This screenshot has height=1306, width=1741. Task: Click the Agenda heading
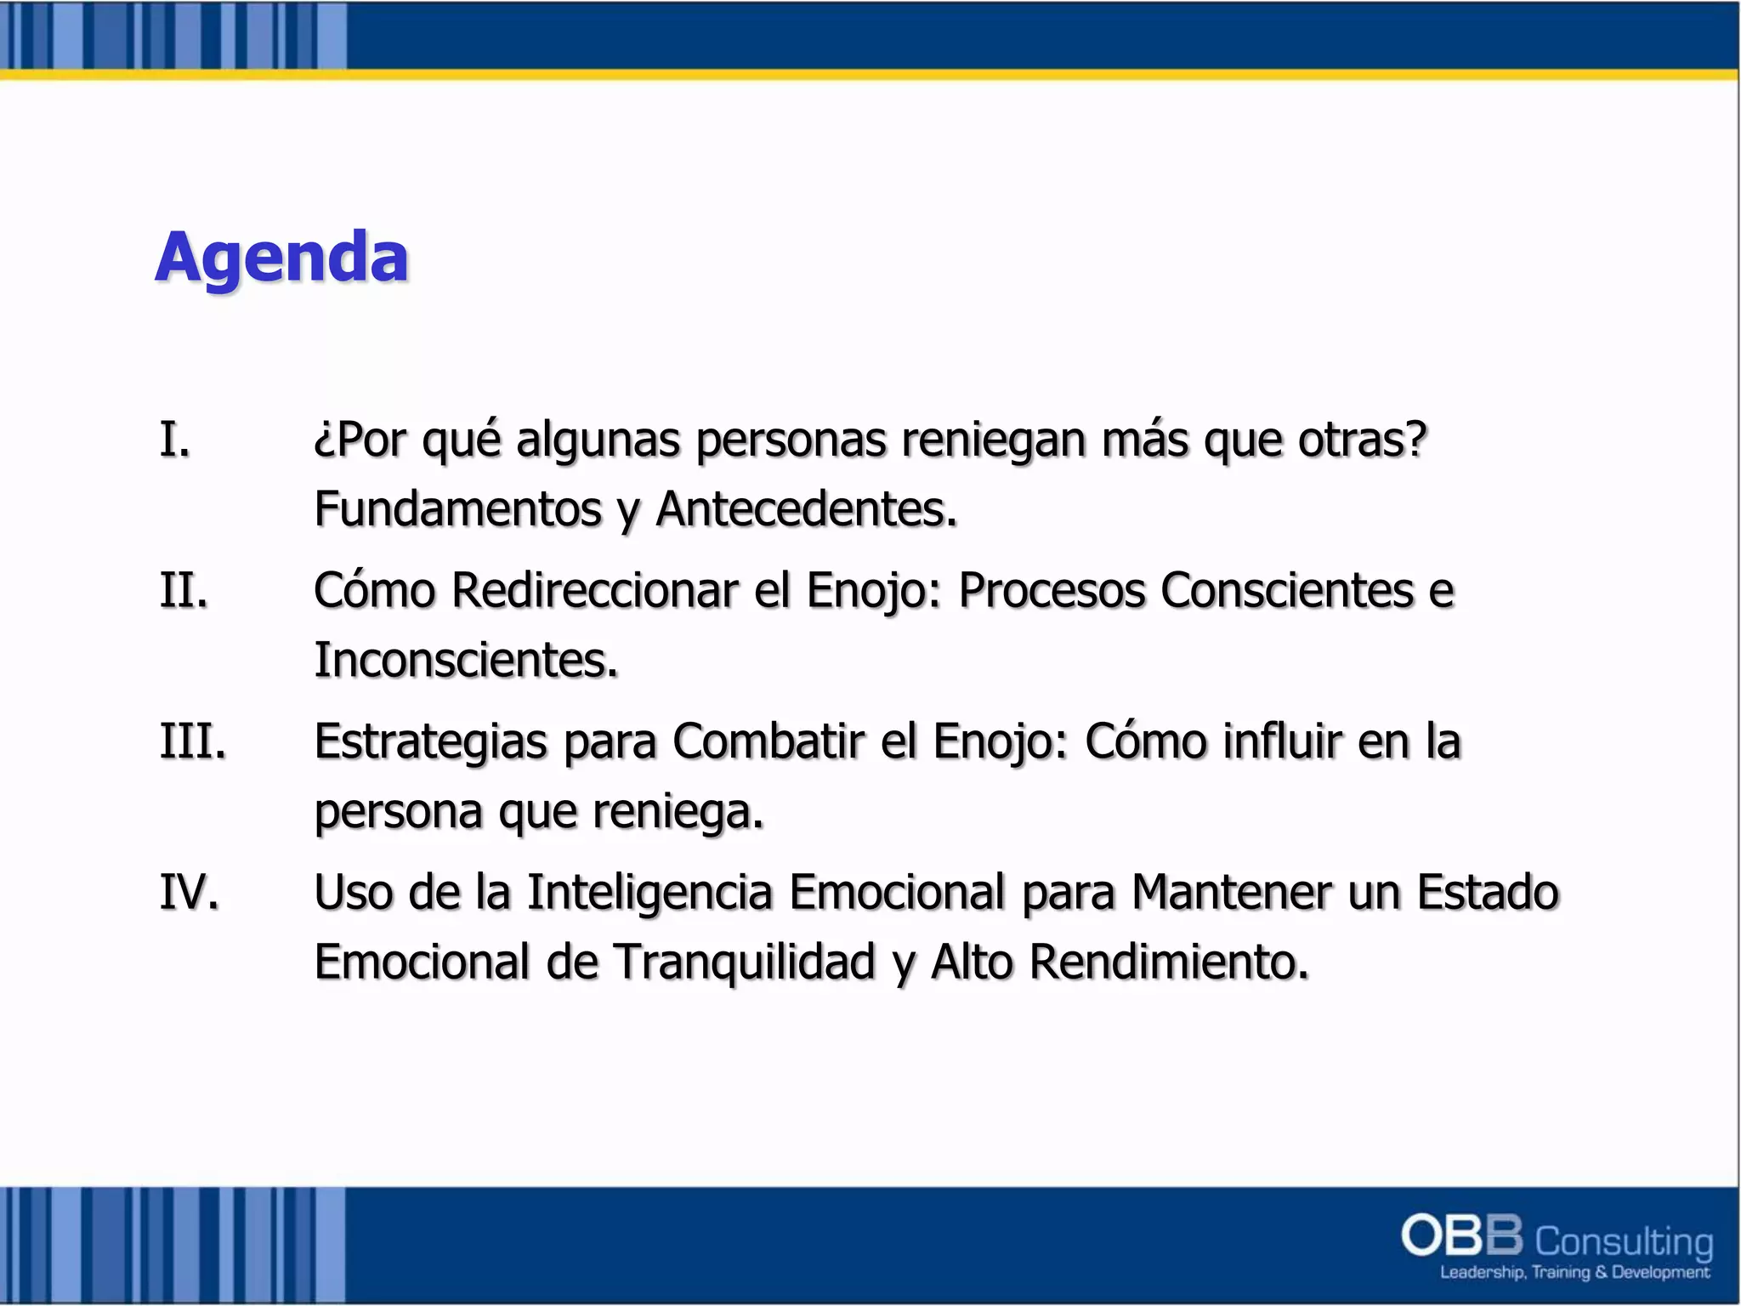pos(281,258)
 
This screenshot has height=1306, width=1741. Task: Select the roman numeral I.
pos(174,440)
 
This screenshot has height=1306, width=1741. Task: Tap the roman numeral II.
pos(184,590)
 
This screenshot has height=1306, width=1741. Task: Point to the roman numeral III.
pos(193,741)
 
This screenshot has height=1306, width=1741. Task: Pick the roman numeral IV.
pos(189,892)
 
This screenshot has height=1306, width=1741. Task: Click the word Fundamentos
pos(457,509)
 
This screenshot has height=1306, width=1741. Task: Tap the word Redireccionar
pos(595,590)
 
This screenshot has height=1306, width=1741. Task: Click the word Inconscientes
pos(466,660)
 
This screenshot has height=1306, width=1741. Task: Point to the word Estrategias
pos(430,741)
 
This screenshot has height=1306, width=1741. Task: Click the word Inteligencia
pos(649,892)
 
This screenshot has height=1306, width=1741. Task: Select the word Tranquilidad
pos(744,962)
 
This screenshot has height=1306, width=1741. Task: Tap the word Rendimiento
pos(1168,962)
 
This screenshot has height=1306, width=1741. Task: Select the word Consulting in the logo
pos(1624,1241)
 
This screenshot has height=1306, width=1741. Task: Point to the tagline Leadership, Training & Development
pos(1574,1273)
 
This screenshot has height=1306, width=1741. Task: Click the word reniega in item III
pos(678,811)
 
